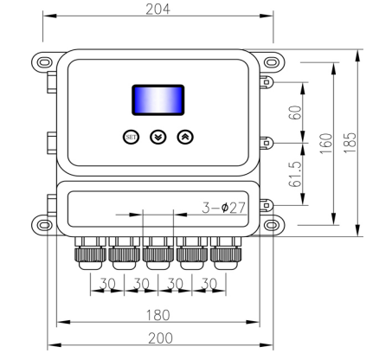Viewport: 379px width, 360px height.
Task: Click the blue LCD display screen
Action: click(x=157, y=100)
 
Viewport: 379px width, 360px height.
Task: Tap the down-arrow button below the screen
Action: click(x=157, y=137)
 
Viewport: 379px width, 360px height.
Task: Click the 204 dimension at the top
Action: click(x=157, y=9)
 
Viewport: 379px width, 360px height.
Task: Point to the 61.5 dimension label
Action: click(x=295, y=174)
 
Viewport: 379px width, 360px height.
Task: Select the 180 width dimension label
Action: click(x=157, y=313)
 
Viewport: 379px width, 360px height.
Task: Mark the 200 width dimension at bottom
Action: click(x=160, y=337)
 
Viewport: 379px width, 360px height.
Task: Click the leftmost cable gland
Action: click(x=89, y=253)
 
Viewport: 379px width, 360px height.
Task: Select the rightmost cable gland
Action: click(x=224, y=253)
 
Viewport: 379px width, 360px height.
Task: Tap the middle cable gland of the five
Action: click(x=157, y=253)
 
